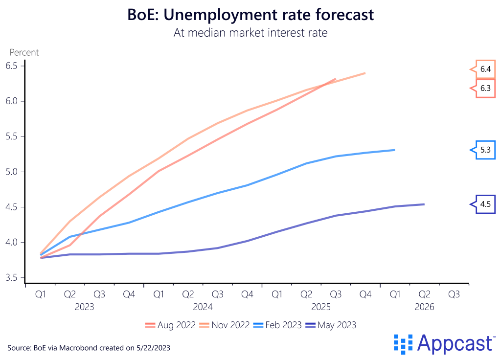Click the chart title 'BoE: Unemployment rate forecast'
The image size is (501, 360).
point(250,15)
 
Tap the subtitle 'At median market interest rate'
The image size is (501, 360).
point(250,33)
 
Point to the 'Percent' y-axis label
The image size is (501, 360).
point(24,52)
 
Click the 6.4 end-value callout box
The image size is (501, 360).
point(485,69)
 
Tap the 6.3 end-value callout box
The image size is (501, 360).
point(485,89)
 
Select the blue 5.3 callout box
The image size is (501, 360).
point(485,150)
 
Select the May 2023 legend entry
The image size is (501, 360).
point(331,325)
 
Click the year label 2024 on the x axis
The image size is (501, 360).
point(203,308)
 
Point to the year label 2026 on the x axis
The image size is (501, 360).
point(424,308)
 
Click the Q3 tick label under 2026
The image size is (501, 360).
point(454,294)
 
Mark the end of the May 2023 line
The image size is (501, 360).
point(424,204)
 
